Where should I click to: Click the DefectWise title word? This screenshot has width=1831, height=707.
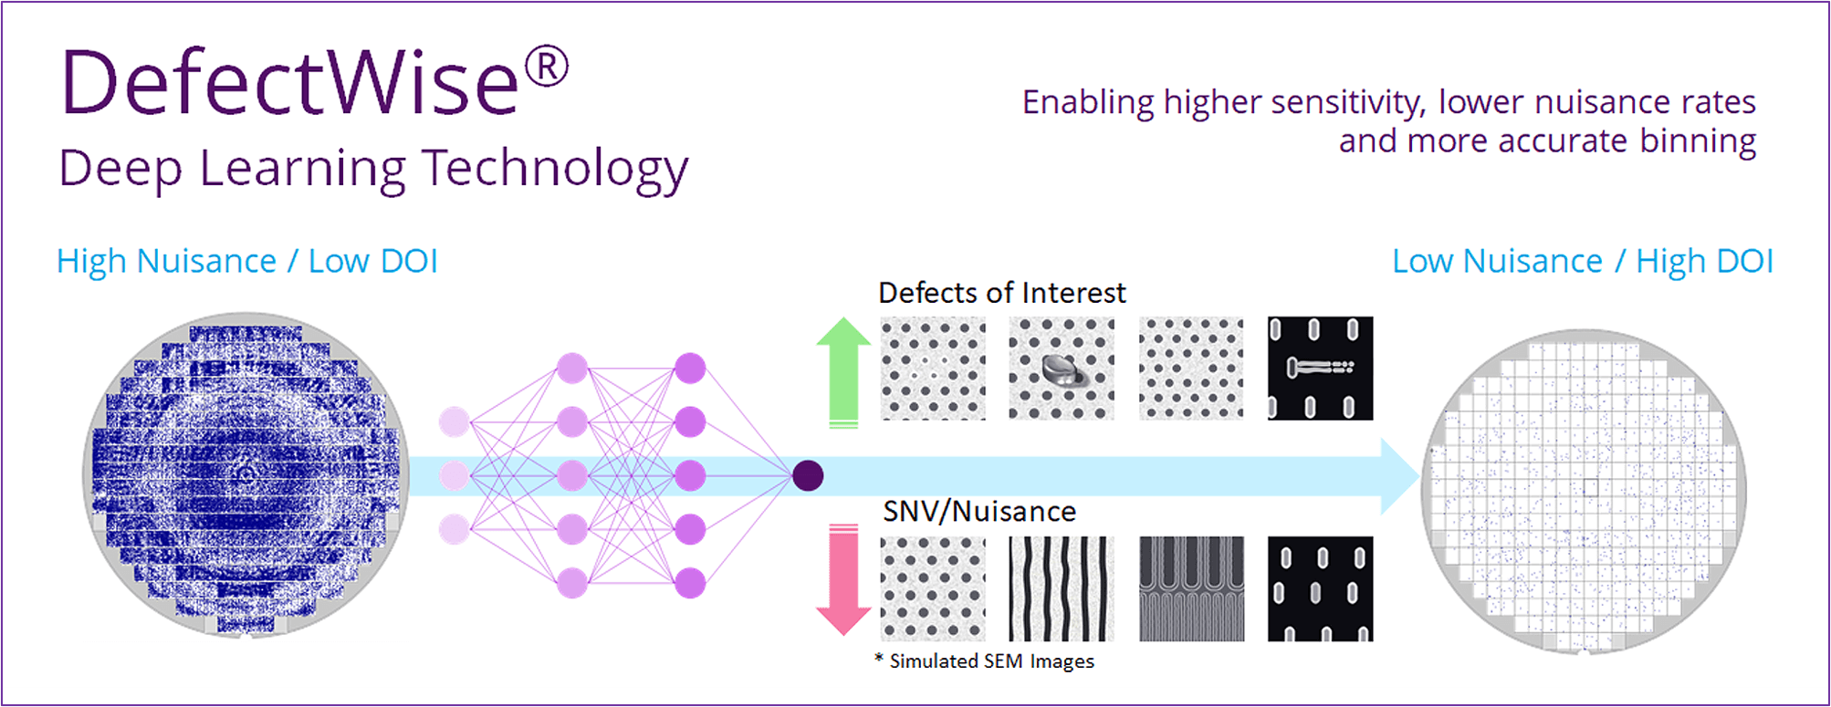point(291,82)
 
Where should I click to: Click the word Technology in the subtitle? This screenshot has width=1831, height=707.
point(555,170)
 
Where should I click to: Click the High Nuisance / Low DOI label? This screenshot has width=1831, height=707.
point(247,262)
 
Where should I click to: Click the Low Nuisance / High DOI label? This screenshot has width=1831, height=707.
point(1583,262)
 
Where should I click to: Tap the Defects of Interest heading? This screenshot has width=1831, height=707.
point(1001,293)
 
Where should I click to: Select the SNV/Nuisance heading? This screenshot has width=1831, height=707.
point(979,512)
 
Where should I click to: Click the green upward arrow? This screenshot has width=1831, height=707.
point(843,372)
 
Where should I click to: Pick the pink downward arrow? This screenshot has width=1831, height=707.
point(843,580)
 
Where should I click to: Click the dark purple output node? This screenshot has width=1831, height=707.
point(808,475)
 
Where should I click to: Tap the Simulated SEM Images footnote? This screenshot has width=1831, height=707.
point(984,661)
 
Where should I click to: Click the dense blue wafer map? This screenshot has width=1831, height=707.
point(245,474)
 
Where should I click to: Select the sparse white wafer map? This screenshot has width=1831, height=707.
point(1584,492)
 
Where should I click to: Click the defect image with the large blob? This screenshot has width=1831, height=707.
point(1062,369)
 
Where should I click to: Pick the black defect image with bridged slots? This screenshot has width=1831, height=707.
point(1320,369)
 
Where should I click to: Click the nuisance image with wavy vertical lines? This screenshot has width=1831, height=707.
point(1062,589)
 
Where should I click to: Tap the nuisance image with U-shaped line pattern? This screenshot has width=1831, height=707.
point(1191,589)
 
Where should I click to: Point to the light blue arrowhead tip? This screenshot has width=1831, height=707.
point(1419,476)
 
